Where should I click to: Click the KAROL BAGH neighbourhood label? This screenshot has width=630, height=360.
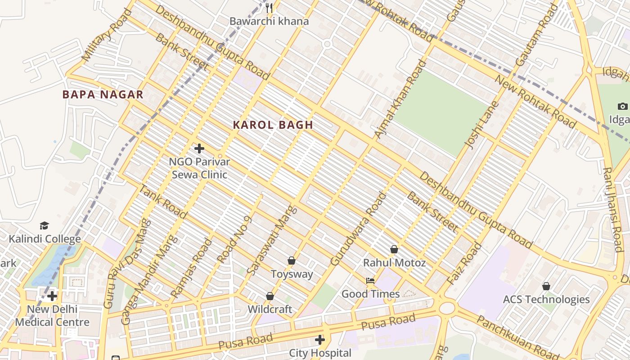273,125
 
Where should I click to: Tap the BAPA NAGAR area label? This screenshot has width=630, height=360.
103,94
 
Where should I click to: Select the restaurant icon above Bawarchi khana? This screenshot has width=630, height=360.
269,8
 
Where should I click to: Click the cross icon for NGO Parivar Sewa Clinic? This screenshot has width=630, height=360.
199,148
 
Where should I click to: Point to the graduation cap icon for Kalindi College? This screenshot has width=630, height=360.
44,225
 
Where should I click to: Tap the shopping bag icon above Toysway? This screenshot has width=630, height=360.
292,261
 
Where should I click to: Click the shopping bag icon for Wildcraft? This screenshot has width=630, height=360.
270,296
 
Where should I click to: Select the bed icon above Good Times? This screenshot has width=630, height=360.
370,281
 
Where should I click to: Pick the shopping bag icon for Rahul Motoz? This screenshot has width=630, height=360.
394,249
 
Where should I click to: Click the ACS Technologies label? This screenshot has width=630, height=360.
546,299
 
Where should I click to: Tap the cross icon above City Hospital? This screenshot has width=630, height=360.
320,339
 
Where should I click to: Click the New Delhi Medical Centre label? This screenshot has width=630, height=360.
52,316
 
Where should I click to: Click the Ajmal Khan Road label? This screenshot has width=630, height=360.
400,99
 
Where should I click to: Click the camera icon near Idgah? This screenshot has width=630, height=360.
622,107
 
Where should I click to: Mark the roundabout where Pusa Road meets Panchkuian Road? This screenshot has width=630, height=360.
446,308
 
